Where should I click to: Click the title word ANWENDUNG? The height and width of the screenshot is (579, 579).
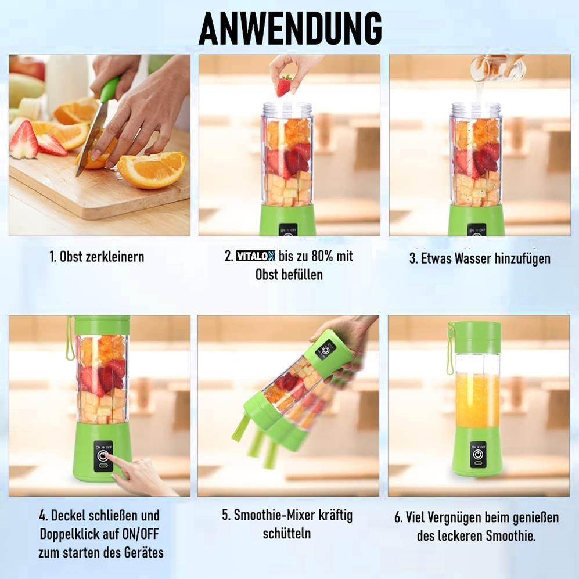point(290,28)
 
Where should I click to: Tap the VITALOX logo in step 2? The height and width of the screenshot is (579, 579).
point(256,257)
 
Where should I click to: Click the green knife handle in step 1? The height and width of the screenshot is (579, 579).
point(109,89)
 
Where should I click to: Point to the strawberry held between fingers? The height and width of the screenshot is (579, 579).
point(284,85)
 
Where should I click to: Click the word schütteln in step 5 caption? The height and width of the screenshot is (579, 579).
point(287,533)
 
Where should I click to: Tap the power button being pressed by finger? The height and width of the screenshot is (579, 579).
point(103,456)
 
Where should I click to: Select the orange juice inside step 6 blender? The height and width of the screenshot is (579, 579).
point(477,401)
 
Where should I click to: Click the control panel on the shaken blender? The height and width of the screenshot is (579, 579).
point(325,350)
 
